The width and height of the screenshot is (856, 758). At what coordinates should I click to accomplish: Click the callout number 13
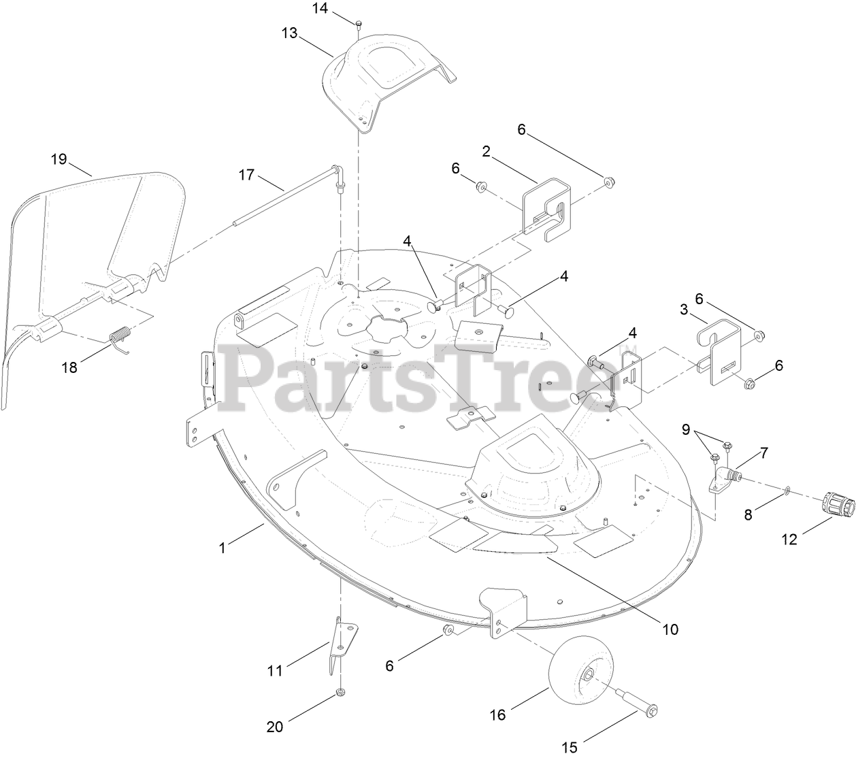(289, 33)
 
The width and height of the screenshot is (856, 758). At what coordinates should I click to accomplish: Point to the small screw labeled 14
(358, 24)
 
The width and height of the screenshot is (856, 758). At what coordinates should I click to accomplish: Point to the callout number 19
(59, 159)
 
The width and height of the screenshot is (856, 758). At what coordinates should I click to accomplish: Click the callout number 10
(670, 629)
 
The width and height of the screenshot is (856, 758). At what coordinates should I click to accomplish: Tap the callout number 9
(686, 429)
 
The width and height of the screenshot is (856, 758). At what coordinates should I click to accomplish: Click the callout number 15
(570, 748)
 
